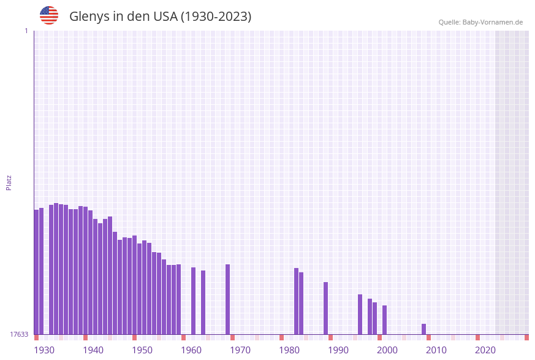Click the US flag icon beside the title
(49, 15)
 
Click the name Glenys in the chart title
(89, 17)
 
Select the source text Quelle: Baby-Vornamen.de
(480, 22)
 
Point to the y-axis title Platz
(9, 182)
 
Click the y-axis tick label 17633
(19, 334)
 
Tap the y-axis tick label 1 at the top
(26, 31)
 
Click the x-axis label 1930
(44, 350)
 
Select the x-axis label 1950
(142, 350)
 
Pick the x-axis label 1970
(240, 350)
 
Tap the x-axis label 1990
(338, 350)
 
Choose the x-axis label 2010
(436, 350)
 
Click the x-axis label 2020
(485, 350)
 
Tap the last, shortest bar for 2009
(424, 329)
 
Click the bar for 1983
(297, 301)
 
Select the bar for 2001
(385, 320)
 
